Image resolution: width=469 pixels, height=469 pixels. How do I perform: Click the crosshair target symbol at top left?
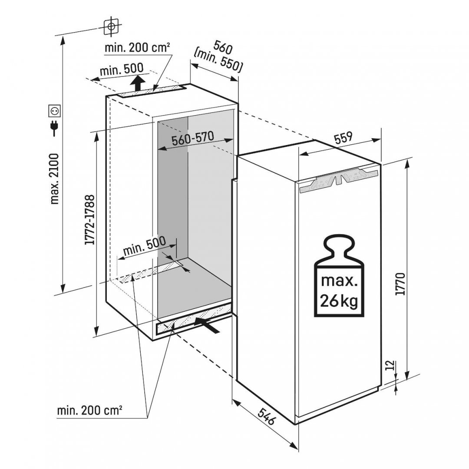(x=111, y=26)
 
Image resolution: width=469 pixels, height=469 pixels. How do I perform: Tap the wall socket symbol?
(x=55, y=111)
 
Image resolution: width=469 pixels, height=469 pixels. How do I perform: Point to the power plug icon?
(x=54, y=128)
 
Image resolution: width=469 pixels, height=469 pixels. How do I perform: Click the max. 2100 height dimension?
(x=55, y=179)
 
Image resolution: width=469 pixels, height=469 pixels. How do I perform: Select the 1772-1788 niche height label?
(x=89, y=220)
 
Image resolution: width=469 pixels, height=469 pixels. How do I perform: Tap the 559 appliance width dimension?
(x=343, y=138)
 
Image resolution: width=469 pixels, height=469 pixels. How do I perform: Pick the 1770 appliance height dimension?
(x=400, y=284)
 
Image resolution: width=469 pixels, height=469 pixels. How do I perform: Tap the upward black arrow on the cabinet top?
(x=138, y=83)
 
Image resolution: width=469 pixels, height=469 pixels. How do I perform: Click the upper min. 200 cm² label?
(x=138, y=48)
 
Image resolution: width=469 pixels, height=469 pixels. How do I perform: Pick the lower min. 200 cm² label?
(x=89, y=410)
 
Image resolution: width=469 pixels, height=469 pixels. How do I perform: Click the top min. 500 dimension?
(x=122, y=70)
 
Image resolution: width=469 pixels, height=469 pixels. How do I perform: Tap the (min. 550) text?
(x=218, y=62)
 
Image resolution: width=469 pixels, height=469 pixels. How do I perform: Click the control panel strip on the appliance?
(x=339, y=180)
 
